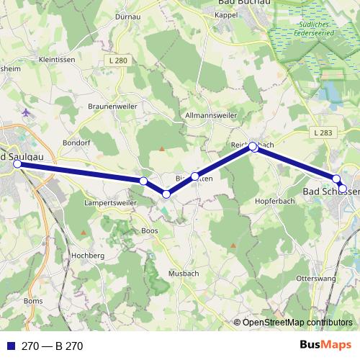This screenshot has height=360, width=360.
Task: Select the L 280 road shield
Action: pyautogui.click(x=120, y=61)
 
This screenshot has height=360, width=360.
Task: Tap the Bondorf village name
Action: pyautogui.click(x=78, y=143)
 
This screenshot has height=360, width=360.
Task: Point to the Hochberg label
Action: pyautogui.click(x=89, y=256)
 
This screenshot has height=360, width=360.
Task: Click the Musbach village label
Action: pyautogui.click(x=182, y=274)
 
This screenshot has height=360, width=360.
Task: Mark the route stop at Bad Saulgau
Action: pyautogui.click(x=17, y=164)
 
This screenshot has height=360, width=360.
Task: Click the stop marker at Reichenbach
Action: pyautogui.click(x=253, y=147)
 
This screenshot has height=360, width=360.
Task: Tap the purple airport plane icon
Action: pyautogui.click(x=27, y=112)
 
